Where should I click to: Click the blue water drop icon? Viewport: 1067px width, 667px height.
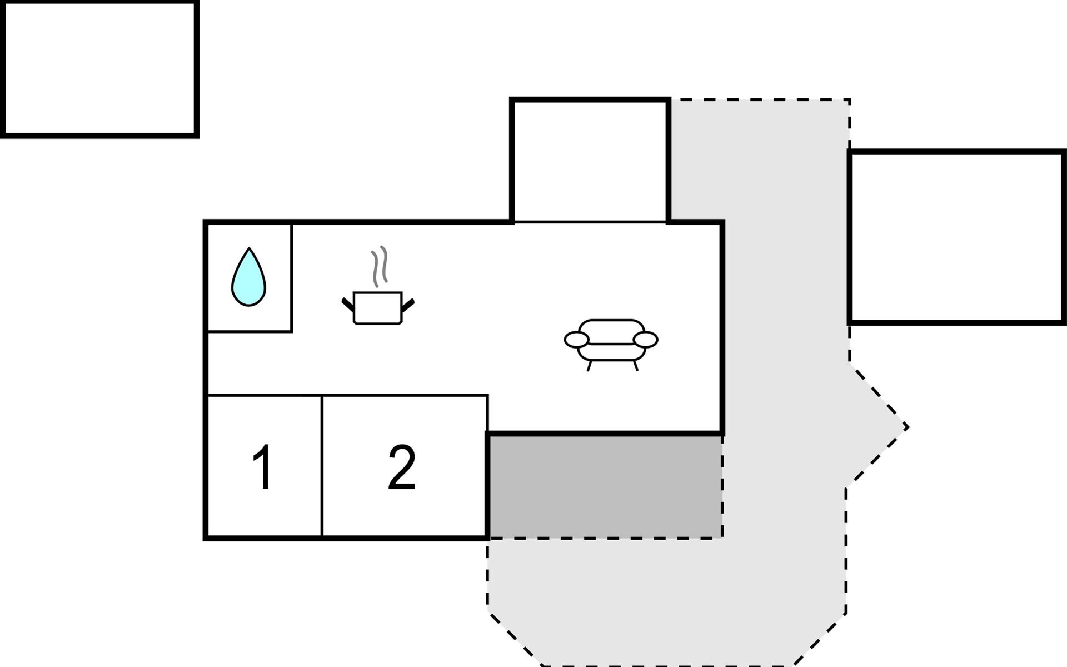point(248,277)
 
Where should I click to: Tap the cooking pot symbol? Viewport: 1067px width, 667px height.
point(378,307)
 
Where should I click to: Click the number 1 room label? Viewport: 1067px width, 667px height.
point(262,467)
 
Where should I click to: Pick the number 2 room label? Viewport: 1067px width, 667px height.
point(402,467)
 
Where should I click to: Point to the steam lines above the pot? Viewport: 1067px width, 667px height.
point(380,266)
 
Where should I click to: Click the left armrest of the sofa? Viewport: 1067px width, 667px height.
point(576,339)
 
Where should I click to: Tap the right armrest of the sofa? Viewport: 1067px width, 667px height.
point(646,339)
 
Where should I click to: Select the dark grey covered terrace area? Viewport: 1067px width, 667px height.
point(605,486)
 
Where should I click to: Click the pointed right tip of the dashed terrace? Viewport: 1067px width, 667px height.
point(908,427)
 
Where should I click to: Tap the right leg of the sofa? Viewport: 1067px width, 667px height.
point(635,365)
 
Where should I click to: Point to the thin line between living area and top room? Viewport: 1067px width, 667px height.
point(590,222)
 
